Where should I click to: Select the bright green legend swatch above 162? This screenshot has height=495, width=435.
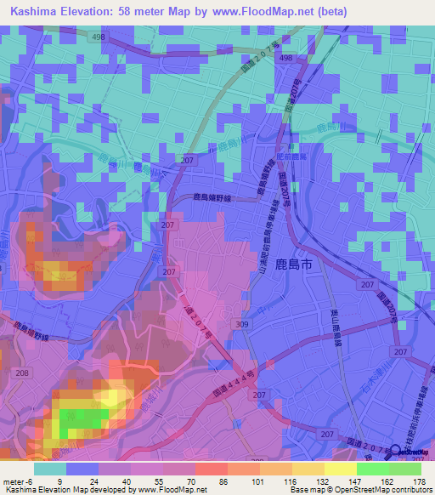click(x=373, y=469)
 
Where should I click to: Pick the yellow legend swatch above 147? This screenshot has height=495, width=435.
click(x=341, y=469)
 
